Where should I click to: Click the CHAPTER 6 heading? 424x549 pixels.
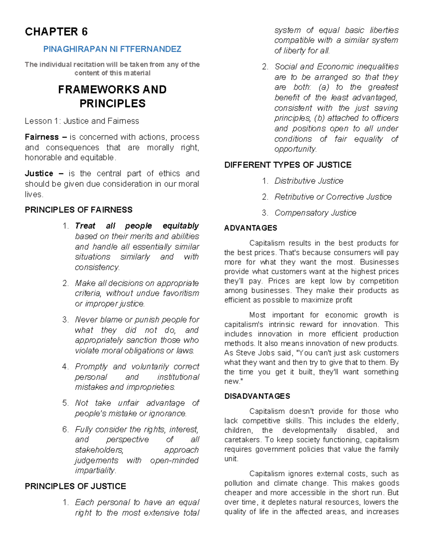point(56,32)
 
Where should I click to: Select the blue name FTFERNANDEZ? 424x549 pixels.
point(151,49)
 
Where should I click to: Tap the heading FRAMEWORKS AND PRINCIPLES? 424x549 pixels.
point(112,96)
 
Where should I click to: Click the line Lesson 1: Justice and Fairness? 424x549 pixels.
point(82,121)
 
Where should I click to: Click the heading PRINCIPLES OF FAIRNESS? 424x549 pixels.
point(78,210)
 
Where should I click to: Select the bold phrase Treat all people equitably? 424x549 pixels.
point(137,226)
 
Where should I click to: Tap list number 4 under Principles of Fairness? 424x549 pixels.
point(65,367)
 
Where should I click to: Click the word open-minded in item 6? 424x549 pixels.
point(174,461)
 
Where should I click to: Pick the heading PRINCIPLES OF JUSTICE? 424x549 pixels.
point(75,486)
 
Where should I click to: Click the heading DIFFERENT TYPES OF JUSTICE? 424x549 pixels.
point(288,165)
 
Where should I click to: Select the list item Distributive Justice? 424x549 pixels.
point(309,181)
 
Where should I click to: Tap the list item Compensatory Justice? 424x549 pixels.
point(315,213)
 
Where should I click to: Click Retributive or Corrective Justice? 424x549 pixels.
point(333,197)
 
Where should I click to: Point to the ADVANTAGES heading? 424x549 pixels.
point(251,228)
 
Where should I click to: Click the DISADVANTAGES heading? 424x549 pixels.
point(257,396)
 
